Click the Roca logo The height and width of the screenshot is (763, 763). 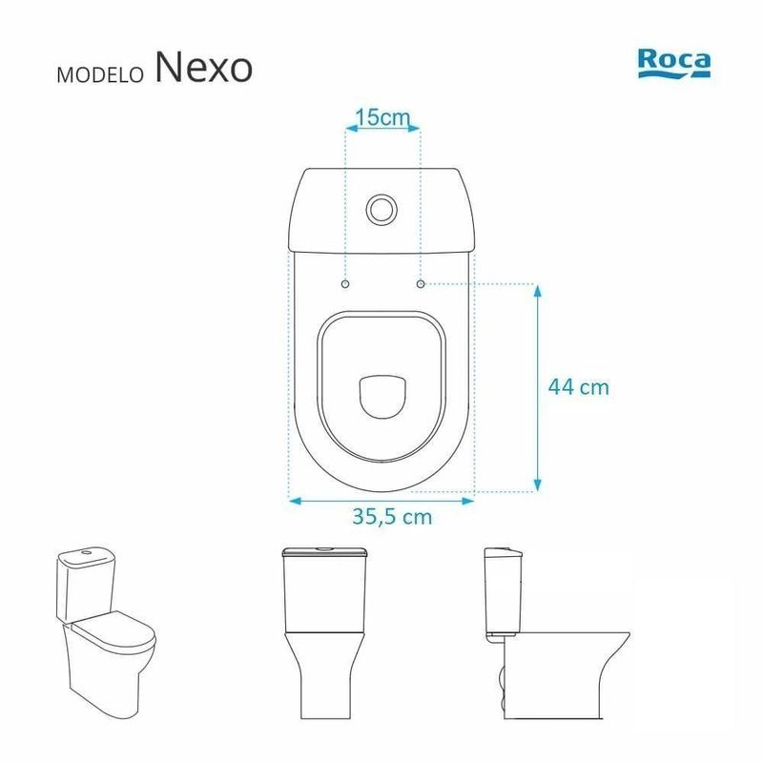point(674,62)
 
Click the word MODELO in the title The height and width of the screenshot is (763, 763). point(100,74)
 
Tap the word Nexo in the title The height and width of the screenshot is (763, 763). point(204,67)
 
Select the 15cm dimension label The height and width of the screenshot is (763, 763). point(383,117)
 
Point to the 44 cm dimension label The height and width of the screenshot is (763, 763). point(579,387)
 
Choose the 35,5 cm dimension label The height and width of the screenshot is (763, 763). point(392,517)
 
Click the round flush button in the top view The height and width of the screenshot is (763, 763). point(382,209)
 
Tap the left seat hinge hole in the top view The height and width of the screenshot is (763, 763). point(345,283)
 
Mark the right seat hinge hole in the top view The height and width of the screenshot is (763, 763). point(421,283)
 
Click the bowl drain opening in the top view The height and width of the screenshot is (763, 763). point(382,397)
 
